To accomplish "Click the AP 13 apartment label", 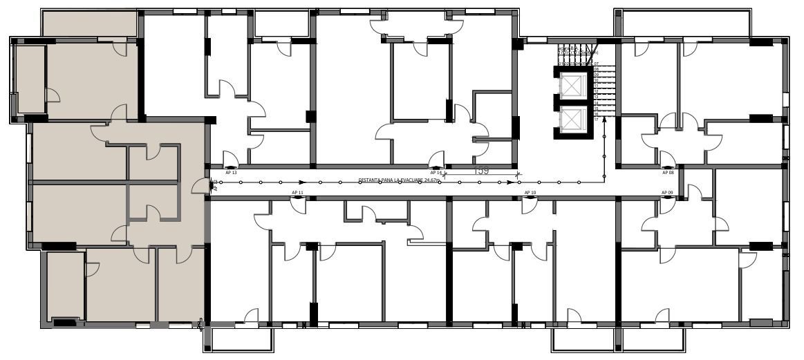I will point(231,173).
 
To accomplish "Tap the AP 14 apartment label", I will point(436,173).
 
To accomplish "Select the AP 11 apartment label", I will point(298,192).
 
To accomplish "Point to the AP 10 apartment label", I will point(530,192).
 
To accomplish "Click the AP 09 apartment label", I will point(667,192).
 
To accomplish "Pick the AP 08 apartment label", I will point(668,173).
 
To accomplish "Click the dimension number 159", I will point(481,170).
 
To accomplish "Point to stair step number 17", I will point(596,120).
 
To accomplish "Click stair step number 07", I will point(596,64).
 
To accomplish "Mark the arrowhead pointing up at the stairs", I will point(604,120).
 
